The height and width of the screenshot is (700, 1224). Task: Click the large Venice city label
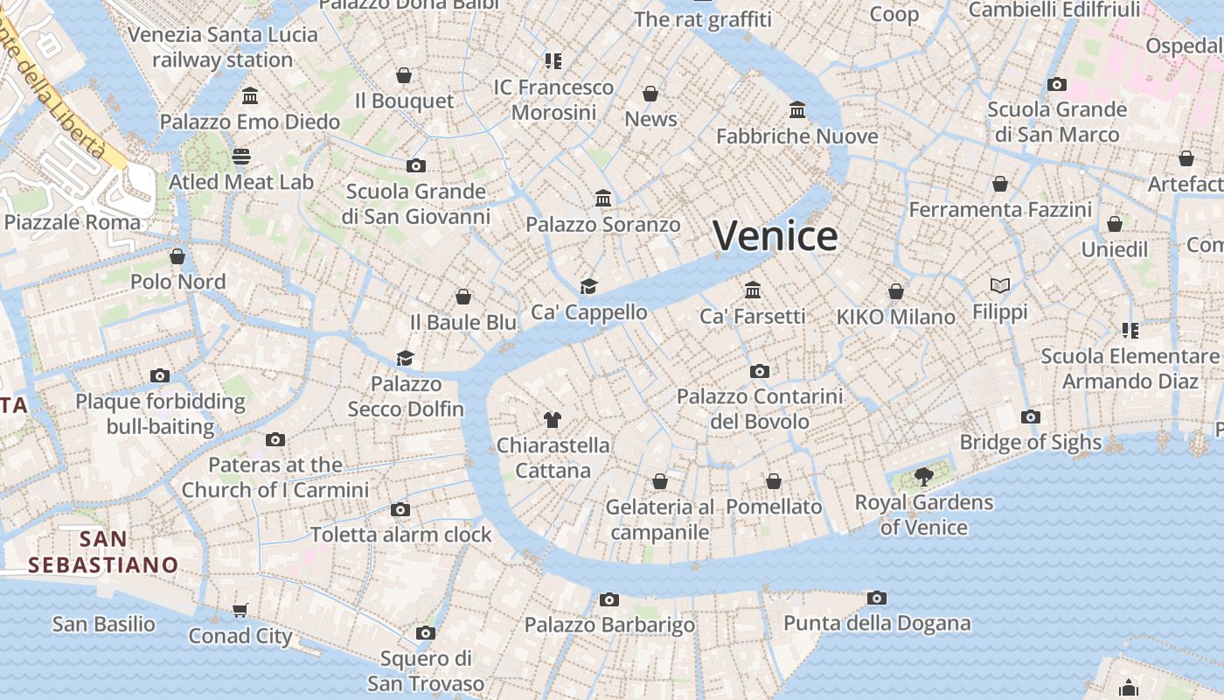(x=775, y=236)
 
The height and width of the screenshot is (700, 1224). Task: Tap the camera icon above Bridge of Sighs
(x=1031, y=416)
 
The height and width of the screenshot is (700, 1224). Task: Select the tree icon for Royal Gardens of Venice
(x=923, y=477)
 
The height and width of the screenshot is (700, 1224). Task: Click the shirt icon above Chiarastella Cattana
(x=552, y=419)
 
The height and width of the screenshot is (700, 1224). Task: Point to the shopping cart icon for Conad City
(x=240, y=610)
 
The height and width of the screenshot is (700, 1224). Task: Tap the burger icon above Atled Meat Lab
(x=241, y=157)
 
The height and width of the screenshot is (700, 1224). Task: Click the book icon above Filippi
(x=1000, y=285)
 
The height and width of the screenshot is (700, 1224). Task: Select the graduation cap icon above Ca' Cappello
(x=589, y=286)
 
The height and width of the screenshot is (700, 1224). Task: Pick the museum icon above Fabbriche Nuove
(x=797, y=110)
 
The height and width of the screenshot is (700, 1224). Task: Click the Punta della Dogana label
(x=877, y=623)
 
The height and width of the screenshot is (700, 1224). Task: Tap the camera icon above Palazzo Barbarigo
(x=609, y=599)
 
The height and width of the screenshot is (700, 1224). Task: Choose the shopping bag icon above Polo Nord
(x=177, y=256)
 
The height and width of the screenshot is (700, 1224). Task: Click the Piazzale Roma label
(x=73, y=222)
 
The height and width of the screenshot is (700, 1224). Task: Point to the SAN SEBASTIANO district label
(x=103, y=552)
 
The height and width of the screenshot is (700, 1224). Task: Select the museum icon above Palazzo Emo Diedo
(x=250, y=95)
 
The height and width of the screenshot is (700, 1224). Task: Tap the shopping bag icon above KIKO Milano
(x=896, y=291)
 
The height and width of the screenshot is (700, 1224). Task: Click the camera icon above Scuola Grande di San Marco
(x=1057, y=84)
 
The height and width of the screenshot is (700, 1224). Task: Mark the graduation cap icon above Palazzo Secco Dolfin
(x=405, y=358)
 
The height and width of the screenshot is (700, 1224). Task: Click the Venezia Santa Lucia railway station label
(x=223, y=47)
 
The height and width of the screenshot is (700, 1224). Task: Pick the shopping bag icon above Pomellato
(x=774, y=481)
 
